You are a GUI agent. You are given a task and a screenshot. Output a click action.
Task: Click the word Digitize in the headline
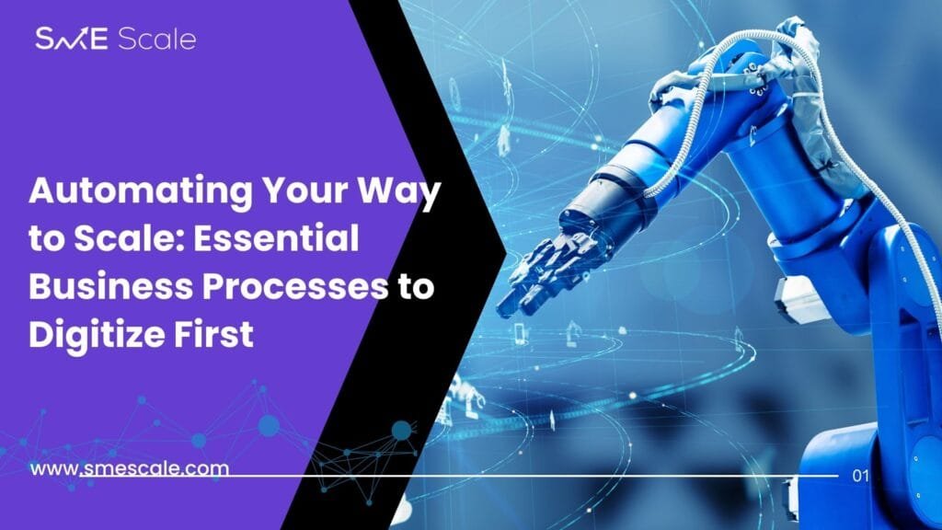click(x=96, y=336)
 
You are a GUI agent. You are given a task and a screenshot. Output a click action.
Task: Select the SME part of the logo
click(x=72, y=39)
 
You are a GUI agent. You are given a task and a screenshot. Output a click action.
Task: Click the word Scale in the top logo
click(x=156, y=39)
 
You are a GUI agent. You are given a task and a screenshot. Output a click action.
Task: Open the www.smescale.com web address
click(x=129, y=468)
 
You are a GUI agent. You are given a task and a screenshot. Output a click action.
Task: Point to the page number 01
click(x=860, y=476)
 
